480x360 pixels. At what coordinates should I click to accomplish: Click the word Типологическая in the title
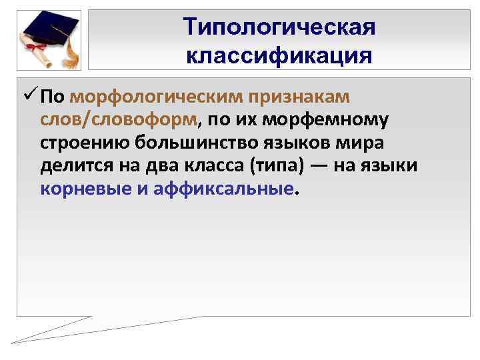(279, 28)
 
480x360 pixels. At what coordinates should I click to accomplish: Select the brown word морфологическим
(157, 97)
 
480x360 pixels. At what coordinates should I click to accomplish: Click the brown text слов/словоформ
(119, 121)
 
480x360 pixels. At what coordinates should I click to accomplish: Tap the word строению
(84, 143)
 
